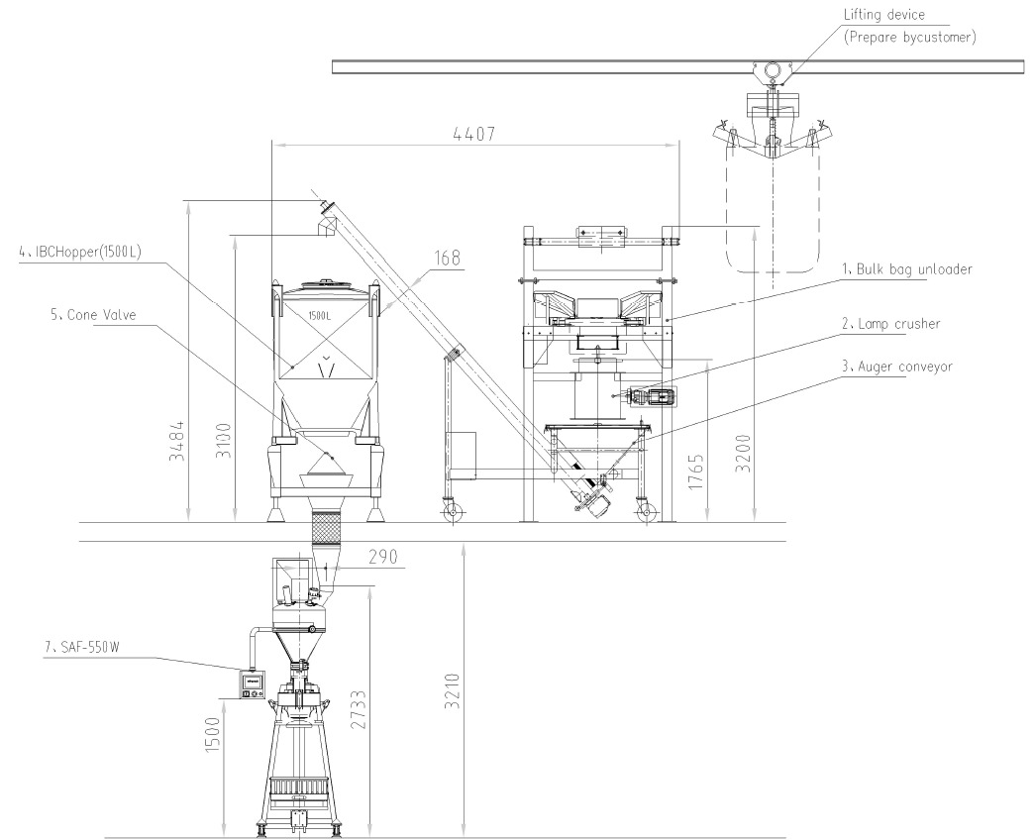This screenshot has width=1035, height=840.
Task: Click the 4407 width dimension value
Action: click(x=474, y=134)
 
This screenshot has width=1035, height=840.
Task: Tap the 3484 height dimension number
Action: click(x=177, y=441)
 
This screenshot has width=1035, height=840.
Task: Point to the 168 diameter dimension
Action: click(x=447, y=258)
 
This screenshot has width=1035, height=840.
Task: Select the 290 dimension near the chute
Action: click(x=383, y=557)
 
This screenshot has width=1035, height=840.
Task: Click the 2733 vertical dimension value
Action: click(x=358, y=710)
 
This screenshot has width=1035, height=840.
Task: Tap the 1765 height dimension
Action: click(x=695, y=472)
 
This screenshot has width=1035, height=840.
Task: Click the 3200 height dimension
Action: click(x=743, y=453)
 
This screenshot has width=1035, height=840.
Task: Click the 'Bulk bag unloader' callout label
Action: click(x=907, y=269)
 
